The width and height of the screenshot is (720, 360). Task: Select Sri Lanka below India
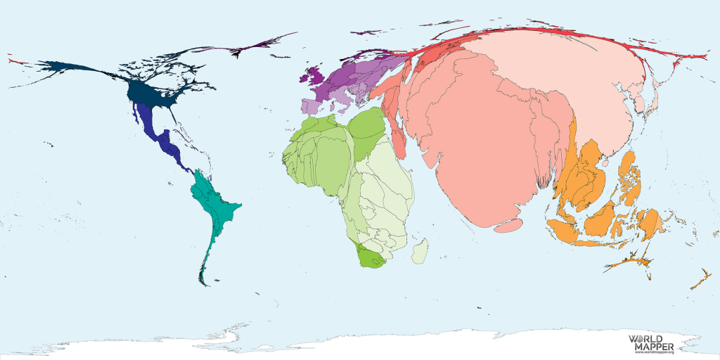[x=509, y=226]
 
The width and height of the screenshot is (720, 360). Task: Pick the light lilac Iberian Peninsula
[x=310, y=106]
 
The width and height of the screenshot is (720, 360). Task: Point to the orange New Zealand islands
[x=699, y=280]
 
